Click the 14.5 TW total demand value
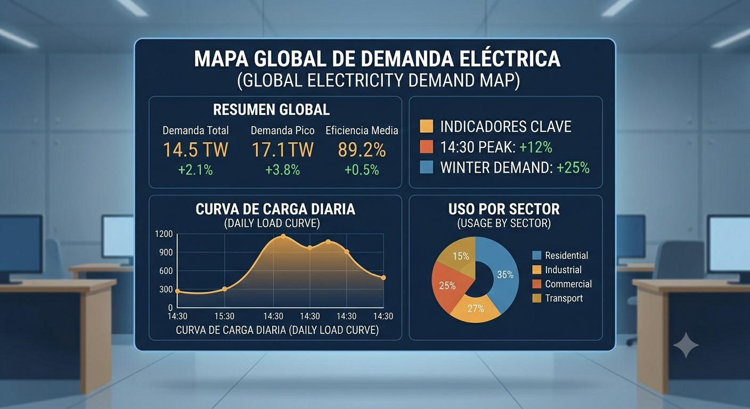tap(195, 150)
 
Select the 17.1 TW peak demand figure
tap(283, 150)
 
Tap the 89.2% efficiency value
tap(362, 150)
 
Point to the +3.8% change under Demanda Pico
tap(283, 170)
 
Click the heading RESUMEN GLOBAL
tap(271, 110)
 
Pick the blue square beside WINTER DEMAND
tap(426, 167)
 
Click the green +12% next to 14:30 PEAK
tap(536, 148)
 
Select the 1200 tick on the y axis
tap(164, 234)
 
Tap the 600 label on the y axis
tap(166, 271)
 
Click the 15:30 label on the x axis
tap(224, 316)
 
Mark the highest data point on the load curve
tap(283, 236)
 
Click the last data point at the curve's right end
tap(384, 277)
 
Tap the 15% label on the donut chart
tap(461, 256)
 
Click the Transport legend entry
tap(558, 298)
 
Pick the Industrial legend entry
tap(557, 270)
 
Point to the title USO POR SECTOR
tap(504, 209)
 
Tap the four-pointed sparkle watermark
tap(686, 345)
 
